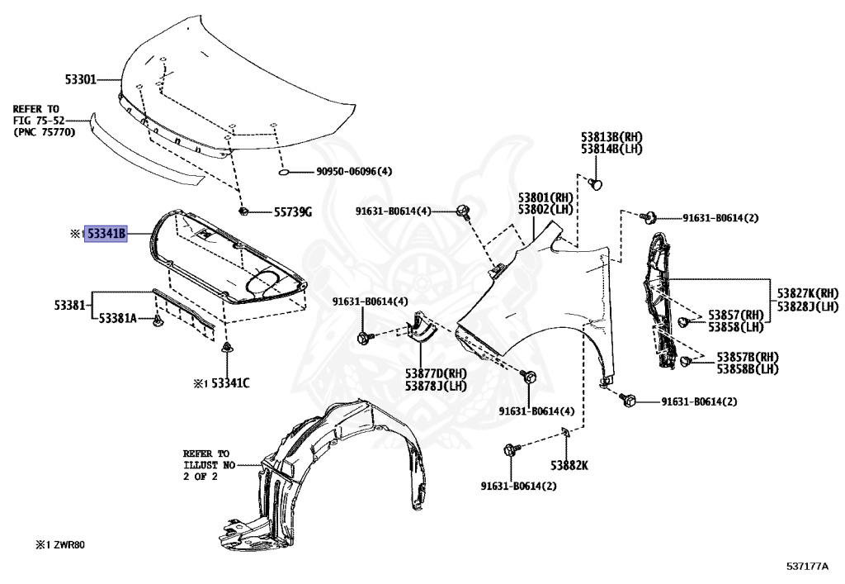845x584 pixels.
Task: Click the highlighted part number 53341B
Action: pos(106,235)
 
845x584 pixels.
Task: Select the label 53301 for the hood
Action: pos(81,80)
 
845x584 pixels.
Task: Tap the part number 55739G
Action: pos(293,212)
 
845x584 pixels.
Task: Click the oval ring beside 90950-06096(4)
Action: pos(282,173)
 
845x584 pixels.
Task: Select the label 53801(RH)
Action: pos(545,198)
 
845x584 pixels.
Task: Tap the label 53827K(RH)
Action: pos(806,293)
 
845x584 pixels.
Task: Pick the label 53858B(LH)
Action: pos(747,368)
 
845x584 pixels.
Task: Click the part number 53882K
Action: pos(569,465)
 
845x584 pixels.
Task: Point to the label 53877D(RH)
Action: pos(436,373)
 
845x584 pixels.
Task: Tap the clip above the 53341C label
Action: pos(225,349)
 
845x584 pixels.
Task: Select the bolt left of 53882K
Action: pos(510,450)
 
